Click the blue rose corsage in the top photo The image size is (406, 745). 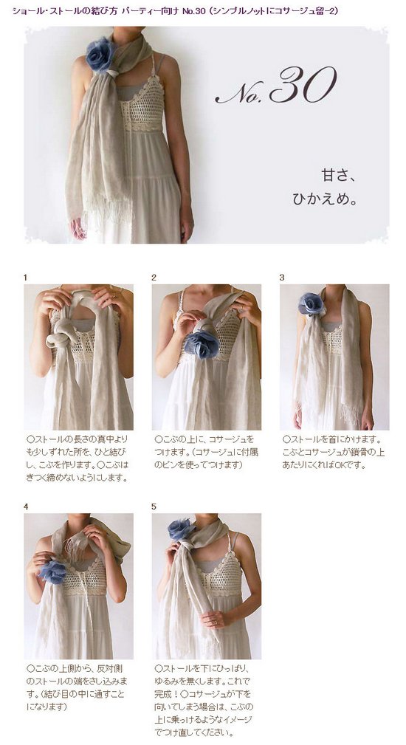point(100,55)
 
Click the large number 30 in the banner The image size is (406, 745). point(303,85)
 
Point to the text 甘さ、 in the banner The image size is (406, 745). point(339,175)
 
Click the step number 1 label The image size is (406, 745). point(26,278)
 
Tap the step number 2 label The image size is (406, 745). point(154,278)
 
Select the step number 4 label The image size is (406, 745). point(26,507)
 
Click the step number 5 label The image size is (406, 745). point(154,507)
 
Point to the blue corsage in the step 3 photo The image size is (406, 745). point(311,304)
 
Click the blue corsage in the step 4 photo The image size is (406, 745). point(53,571)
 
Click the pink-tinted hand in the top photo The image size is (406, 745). point(78,228)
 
